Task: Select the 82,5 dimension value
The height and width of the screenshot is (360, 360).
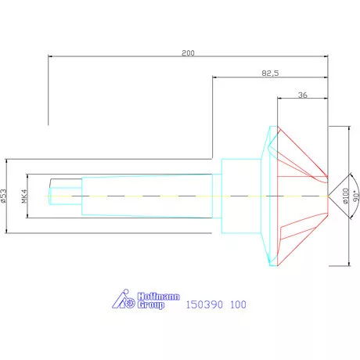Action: (x=271, y=72)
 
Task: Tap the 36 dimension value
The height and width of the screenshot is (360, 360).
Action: (x=303, y=94)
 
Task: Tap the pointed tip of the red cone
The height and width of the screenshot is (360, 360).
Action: (x=327, y=195)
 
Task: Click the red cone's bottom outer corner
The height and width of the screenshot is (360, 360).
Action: (x=279, y=265)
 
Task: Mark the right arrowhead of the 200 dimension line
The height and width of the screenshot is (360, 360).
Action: (x=325, y=56)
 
